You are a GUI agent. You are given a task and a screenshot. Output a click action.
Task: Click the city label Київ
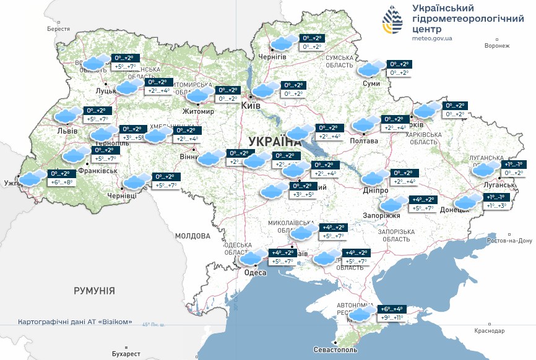coord(250,106)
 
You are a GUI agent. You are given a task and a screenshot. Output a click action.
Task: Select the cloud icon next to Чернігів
coord(284,43)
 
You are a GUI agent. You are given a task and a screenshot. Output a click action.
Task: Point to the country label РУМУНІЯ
coord(94,290)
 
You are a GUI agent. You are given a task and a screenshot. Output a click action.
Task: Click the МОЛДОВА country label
coord(193,236)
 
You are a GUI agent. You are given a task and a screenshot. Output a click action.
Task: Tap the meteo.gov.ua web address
coord(431,38)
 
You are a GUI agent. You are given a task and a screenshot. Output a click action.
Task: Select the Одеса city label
coord(255,272)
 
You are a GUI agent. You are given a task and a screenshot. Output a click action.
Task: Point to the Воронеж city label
coord(497,46)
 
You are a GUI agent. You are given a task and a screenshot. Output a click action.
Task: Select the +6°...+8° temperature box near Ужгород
coord(62,182)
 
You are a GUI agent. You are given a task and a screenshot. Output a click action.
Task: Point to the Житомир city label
coord(197,112)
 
